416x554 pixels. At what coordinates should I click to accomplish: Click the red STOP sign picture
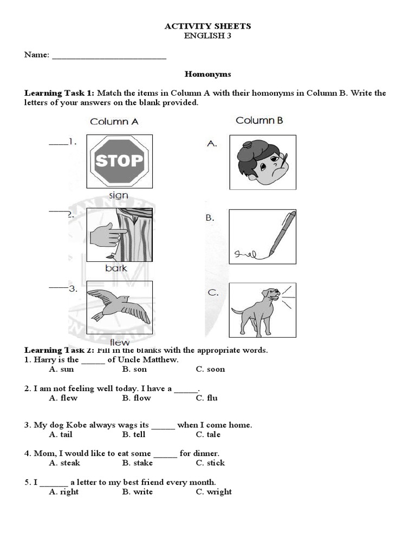(119, 160)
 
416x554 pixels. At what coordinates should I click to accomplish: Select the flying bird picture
(119, 307)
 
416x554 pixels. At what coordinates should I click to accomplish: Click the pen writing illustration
(263, 236)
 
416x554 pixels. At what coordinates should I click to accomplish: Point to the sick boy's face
(263, 162)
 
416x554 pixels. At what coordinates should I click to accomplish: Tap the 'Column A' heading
(114, 121)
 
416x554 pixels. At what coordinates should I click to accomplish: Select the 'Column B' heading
(259, 120)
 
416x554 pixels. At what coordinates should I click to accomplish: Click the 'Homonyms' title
(208, 74)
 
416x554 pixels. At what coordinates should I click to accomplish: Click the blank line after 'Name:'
(109, 55)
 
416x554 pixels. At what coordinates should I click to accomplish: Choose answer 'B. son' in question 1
(134, 369)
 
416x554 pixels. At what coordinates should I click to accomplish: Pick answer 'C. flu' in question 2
(207, 398)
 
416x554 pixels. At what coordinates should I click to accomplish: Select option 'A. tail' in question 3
(61, 434)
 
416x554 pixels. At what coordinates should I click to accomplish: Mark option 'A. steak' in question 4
(64, 463)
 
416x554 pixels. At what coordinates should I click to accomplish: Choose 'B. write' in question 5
(138, 492)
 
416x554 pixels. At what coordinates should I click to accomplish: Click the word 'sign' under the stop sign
(119, 195)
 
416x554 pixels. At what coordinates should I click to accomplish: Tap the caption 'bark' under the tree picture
(116, 268)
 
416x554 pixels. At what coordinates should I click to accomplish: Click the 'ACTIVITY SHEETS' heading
(208, 26)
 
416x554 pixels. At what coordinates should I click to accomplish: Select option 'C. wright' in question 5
(214, 492)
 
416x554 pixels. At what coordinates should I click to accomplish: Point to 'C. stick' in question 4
(211, 463)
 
